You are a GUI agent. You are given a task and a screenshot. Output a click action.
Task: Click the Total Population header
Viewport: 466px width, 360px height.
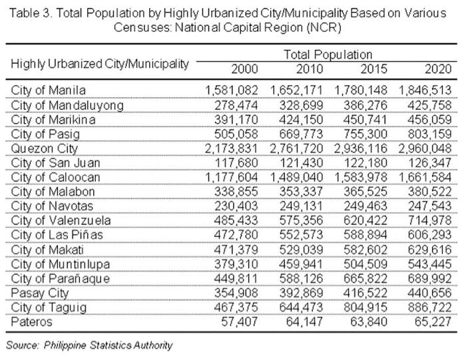(328, 54)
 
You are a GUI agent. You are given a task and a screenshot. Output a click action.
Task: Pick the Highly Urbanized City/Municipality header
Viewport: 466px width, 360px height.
(100, 63)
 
